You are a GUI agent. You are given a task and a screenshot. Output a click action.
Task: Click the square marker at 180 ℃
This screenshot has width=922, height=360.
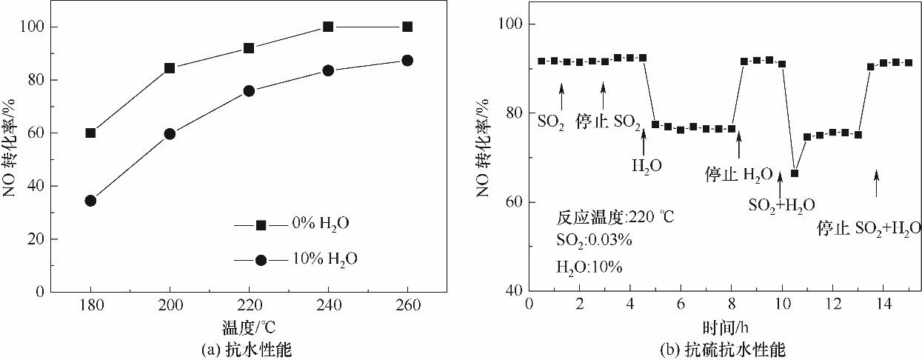pos(90,133)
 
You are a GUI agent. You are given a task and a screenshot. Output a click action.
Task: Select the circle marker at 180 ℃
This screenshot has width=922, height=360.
pos(90,201)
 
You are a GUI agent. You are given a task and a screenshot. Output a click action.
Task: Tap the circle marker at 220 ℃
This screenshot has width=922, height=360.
pos(249,91)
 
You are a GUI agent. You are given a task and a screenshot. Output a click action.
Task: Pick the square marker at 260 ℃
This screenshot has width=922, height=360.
pos(407,27)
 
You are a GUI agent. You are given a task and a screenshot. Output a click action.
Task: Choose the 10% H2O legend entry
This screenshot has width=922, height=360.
pos(300,259)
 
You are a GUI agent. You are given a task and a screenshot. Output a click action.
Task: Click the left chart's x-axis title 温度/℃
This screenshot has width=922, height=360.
pos(249,326)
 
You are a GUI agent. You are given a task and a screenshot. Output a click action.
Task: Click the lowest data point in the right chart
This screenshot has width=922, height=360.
pos(795,173)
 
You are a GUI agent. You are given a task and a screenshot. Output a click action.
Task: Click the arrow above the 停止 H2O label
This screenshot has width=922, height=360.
pos(738,144)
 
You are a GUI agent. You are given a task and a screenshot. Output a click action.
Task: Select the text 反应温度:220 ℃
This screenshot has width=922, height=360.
pos(615,219)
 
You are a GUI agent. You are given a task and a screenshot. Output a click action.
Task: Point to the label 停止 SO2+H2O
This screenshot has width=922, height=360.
pos(869,228)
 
